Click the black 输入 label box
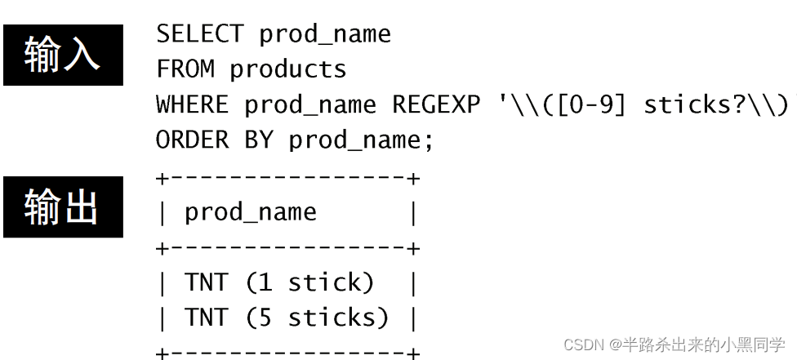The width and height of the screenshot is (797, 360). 63,55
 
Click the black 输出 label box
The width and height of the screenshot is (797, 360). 63,207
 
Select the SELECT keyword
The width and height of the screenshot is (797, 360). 199,34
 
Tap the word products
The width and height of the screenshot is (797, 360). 287,69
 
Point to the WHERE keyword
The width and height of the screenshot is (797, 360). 193,105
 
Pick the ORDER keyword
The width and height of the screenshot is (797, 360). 193,140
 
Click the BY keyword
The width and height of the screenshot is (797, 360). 258,140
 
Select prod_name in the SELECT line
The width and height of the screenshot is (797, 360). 325,34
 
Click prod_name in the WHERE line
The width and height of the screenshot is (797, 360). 310,105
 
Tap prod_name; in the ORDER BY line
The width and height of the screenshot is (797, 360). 361,140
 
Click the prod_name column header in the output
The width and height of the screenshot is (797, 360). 250,212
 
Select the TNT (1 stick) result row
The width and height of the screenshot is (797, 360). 279,282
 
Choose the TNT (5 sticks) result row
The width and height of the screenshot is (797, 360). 287,318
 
